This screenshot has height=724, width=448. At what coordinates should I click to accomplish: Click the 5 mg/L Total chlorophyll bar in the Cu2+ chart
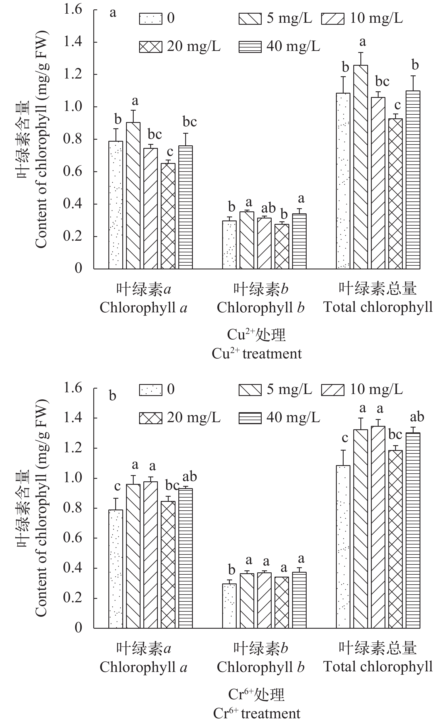(361, 167)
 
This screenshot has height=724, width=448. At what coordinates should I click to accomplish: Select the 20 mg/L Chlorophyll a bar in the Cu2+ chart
(168, 216)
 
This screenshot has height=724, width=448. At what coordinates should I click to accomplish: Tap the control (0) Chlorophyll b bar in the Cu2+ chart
(229, 245)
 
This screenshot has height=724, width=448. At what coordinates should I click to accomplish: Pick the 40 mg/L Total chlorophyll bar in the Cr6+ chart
(413, 530)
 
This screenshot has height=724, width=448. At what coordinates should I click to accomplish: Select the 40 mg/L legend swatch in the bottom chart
(250, 418)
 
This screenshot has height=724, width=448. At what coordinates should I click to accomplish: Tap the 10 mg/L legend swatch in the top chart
(333, 18)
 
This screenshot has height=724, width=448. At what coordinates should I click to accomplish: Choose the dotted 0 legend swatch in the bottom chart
(150, 389)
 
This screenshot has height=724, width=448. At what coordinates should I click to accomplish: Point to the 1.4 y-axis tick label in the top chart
(73, 42)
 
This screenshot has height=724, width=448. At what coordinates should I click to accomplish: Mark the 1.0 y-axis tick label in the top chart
(73, 107)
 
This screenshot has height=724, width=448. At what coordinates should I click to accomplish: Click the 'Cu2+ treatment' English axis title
(257, 354)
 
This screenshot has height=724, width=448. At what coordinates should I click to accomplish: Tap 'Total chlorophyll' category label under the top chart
(378, 307)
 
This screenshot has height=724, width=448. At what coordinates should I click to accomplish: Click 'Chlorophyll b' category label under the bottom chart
(261, 667)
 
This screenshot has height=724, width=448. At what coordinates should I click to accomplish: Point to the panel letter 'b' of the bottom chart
(113, 396)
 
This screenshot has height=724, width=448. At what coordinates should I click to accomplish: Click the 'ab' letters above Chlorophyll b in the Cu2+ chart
(269, 208)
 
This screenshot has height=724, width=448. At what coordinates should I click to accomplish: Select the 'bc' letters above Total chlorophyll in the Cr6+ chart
(395, 435)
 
